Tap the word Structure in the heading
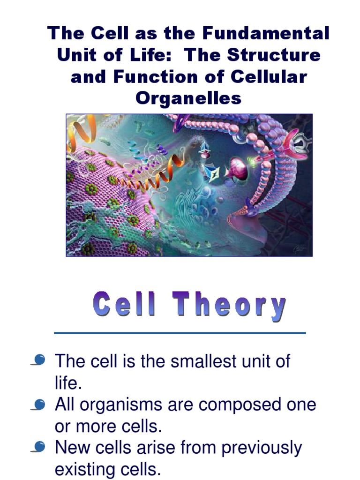point(274,55)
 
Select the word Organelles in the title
point(188,98)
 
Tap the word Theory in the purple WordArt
point(230,305)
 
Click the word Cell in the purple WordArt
point(124,304)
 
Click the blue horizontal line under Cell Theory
point(180,333)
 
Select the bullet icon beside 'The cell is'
point(39,360)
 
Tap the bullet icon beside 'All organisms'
point(39,404)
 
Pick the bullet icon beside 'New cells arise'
point(39,448)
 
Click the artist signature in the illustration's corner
point(299,247)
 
